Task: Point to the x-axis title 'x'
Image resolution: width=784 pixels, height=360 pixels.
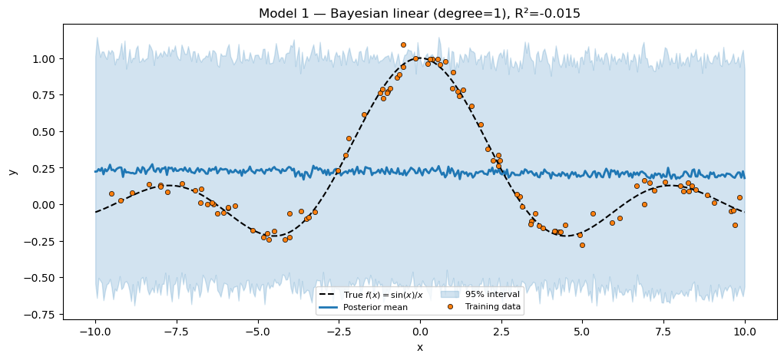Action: click(x=419, y=348)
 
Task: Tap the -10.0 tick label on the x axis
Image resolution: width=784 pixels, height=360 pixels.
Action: click(x=95, y=332)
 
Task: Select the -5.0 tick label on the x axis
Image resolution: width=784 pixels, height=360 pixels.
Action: click(x=257, y=332)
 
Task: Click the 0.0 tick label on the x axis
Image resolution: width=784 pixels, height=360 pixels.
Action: click(x=420, y=332)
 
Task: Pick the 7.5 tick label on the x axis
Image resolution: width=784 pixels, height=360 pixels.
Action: click(x=663, y=332)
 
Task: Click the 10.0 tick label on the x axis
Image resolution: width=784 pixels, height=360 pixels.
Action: click(x=745, y=332)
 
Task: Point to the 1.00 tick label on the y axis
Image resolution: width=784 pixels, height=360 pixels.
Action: click(x=45, y=59)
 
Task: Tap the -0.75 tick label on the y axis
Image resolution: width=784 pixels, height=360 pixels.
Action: click(x=42, y=314)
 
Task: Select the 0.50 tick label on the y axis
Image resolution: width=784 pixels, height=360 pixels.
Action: click(x=45, y=132)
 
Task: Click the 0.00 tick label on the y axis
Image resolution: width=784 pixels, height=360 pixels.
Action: click(x=45, y=205)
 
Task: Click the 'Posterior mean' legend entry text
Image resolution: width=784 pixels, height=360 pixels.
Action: click(x=375, y=307)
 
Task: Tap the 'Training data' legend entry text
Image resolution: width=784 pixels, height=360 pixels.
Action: click(x=493, y=307)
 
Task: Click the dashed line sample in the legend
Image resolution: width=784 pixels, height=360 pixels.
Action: click(x=329, y=295)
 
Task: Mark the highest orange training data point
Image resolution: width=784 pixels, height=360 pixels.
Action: click(x=403, y=45)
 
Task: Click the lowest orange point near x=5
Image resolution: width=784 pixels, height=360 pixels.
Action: click(x=582, y=245)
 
